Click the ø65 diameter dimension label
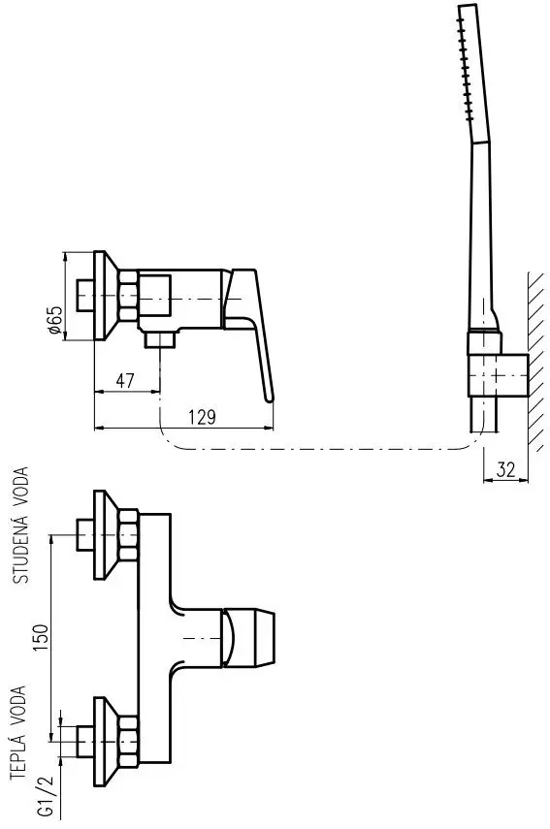(54, 319)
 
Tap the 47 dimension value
(125, 381)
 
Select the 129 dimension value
(202, 417)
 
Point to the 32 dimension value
(505, 469)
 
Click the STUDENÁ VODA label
(21, 525)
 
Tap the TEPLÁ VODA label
(18, 732)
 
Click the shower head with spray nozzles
(473, 74)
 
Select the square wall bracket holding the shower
(498, 375)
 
